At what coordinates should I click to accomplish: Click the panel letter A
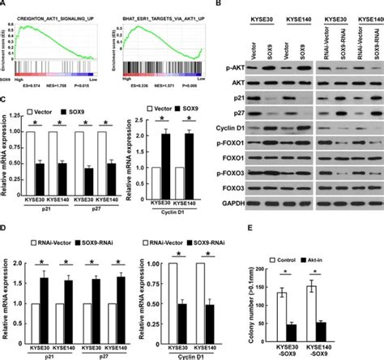5,5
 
